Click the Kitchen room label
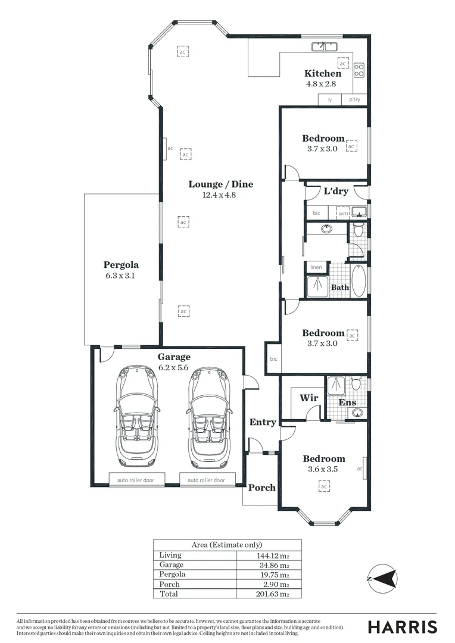click(323, 73)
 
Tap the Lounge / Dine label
click(221, 184)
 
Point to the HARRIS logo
click(402, 627)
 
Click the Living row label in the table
click(169, 555)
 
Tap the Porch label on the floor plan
click(262, 488)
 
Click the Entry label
click(263, 422)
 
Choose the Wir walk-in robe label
click(308, 398)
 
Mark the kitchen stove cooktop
click(359, 71)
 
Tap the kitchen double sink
click(325, 46)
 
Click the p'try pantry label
click(354, 99)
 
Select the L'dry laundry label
click(335, 192)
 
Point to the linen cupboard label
click(316, 267)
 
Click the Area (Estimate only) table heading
click(227, 545)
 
